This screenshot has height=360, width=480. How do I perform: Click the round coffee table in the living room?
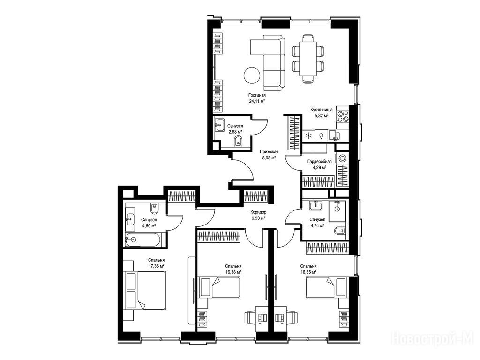[252, 75]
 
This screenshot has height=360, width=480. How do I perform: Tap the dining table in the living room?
[307, 59]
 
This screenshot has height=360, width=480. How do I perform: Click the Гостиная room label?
[257, 95]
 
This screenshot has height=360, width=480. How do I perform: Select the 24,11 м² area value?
[257, 101]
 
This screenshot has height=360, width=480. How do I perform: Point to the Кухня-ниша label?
[322, 110]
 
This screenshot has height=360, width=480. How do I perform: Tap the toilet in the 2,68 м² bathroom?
[238, 142]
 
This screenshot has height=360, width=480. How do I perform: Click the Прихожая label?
[269, 152]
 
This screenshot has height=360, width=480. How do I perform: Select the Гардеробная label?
[319, 162]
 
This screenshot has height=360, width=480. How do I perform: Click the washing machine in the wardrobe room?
[342, 158]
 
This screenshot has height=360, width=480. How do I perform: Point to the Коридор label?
[258, 212]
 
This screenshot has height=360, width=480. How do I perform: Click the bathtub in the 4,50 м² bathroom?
[142, 239]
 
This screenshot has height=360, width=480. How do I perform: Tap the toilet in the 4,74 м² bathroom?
[339, 231]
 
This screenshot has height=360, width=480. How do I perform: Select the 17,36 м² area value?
[157, 266]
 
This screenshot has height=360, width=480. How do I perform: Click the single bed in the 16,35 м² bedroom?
[327, 286]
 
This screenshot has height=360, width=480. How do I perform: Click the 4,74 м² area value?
[317, 225]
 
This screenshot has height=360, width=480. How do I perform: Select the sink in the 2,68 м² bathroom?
[219, 125]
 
